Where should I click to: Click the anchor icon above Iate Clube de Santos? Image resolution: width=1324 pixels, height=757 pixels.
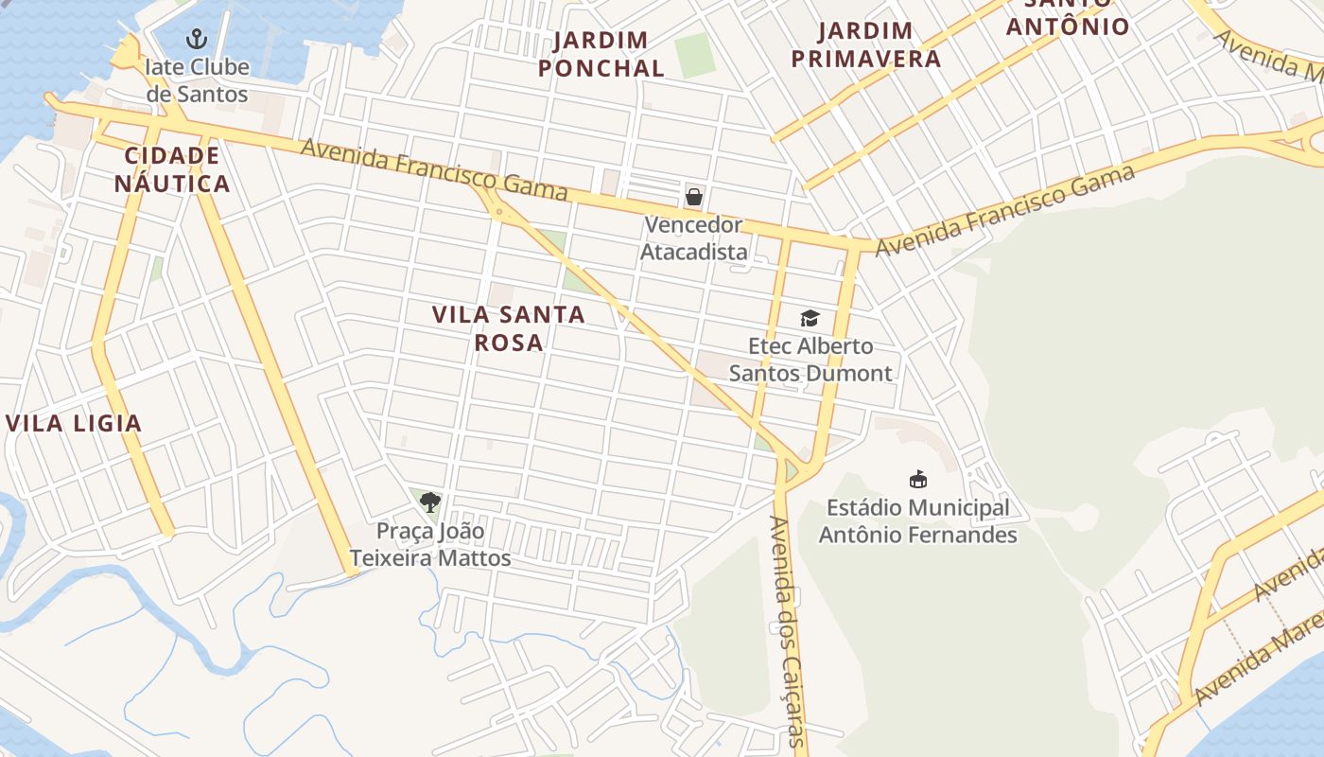pyautogui.click(x=197, y=39)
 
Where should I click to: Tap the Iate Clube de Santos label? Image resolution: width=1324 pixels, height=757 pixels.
pyautogui.click(x=197, y=80)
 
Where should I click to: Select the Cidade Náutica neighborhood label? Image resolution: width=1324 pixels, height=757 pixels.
pyautogui.click(x=172, y=169)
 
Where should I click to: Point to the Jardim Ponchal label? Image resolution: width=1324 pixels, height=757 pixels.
pyautogui.click(x=601, y=54)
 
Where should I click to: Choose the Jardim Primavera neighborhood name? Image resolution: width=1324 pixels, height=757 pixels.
pyautogui.click(x=865, y=44)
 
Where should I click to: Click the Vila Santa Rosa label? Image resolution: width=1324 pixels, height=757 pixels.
pyautogui.click(x=509, y=328)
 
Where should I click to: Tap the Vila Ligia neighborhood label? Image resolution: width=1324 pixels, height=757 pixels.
pyautogui.click(x=74, y=423)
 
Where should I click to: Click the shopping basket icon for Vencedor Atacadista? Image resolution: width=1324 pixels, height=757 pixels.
pyautogui.click(x=694, y=197)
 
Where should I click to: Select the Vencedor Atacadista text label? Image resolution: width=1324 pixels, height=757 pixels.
pyautogui.click(x=694, y=238)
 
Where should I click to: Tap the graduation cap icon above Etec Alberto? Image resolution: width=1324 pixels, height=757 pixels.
pyautogui.click(x=810, y=318)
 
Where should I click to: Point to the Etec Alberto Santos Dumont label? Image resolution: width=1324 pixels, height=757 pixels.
pyautogui.click(x=810, y=360)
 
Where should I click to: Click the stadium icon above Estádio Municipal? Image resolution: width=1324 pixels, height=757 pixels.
pyautogui.click(x=917, y=479)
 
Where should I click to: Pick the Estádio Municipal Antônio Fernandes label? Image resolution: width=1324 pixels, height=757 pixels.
pyautogui.click(x=917, y=521)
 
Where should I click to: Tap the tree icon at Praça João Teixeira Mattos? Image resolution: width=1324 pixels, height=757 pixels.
pyautogui.click(x=430, y=502)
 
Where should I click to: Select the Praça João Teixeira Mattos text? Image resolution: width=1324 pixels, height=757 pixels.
pyautogui.click(x=430, y=544)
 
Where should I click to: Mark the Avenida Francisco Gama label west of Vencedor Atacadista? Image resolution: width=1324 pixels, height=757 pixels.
pyautogui.click(x=434, y=169)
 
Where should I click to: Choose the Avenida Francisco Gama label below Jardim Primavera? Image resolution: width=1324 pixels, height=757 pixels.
pyautogui.click(x=1004, y=210)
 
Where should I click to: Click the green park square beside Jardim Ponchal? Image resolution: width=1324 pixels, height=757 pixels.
pyautogui.click(x=695, y=55)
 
